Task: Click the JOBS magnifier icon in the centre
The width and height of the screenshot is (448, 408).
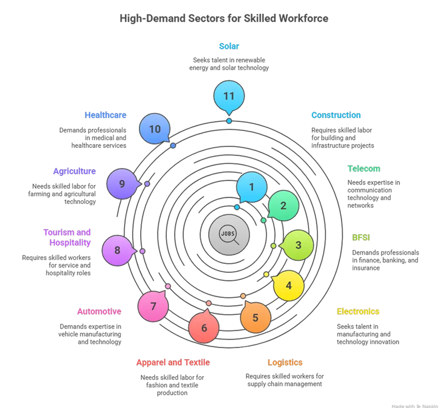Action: click(x=229, y=234)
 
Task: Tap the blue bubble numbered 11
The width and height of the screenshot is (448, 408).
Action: click(x=229, y=96)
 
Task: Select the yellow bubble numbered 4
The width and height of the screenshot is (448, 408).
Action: click(x=289, y=286)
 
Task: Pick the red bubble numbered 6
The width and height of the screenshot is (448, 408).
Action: click(x=204, y=327)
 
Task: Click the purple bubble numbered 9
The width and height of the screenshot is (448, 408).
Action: click(x=122, y=184)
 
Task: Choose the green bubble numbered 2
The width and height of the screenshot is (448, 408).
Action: click(x=283, y=206)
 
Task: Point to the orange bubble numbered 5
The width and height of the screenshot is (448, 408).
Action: click(x=255, y=317)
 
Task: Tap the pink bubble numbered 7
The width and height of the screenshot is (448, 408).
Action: click(x=153, y=306)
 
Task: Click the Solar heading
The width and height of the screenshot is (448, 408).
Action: click(x=229, y=46)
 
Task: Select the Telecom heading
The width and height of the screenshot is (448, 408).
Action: click(x=364, y=168)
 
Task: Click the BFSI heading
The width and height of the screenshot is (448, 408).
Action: click(x=361, y=238)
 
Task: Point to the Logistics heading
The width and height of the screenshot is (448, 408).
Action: click(x=285, y=362)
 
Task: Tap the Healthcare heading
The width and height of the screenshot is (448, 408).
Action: click(x=106, y=115)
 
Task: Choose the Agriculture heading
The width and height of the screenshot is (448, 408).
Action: click(x=74, y=171)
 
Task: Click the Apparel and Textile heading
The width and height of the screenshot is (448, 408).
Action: click(x=173, y=362)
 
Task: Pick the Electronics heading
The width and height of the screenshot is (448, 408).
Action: click(x=358, y=311)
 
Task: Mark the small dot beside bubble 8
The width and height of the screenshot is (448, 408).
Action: click(x=142, y=251)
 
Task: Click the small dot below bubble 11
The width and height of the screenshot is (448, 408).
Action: click(x=229, y=121)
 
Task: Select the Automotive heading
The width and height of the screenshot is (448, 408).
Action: click(x=99, y=311)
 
